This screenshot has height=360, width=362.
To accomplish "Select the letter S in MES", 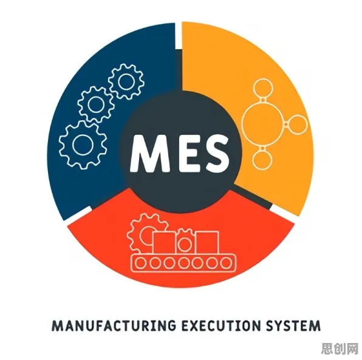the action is click(214, 154).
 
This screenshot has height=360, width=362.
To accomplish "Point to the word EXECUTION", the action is click(222, 325).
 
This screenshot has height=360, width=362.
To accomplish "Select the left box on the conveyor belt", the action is click(164, 243).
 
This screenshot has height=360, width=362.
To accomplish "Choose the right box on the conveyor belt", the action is click(207, 242).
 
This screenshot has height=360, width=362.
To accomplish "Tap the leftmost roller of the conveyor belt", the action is click(140, 263).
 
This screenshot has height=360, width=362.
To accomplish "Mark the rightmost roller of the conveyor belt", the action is click(226, 263).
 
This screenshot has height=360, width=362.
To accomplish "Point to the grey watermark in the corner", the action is click(340, 348).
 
